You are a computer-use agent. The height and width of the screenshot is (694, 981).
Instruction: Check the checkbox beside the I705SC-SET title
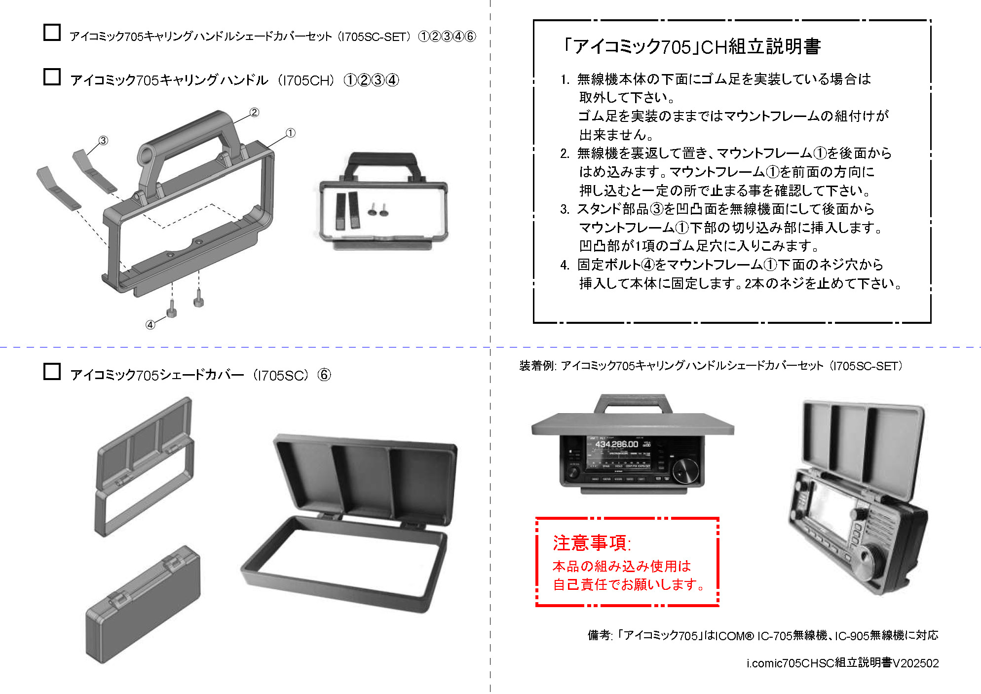52,33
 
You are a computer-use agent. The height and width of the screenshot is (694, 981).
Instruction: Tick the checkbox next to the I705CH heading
52,77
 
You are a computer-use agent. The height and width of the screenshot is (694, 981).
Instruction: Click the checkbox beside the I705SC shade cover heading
52,372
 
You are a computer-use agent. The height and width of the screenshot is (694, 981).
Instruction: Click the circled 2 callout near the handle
254,113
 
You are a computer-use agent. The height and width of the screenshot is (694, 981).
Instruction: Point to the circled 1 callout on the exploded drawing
291,133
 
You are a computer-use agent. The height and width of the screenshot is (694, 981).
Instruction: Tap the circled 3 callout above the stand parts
103,140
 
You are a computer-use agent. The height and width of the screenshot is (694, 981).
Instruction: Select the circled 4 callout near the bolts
150,324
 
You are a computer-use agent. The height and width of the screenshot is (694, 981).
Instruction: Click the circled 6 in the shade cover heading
324,375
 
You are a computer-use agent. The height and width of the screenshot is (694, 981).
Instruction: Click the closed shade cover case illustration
143,605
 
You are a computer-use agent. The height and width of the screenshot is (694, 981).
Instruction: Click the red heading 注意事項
591,543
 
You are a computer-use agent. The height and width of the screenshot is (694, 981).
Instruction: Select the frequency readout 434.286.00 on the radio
616,444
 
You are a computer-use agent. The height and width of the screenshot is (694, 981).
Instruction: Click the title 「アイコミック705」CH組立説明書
691,47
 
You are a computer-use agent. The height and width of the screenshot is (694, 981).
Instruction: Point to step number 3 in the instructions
565,209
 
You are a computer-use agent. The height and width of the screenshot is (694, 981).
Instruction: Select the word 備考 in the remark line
599,635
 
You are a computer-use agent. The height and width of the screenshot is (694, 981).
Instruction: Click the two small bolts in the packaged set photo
378,211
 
